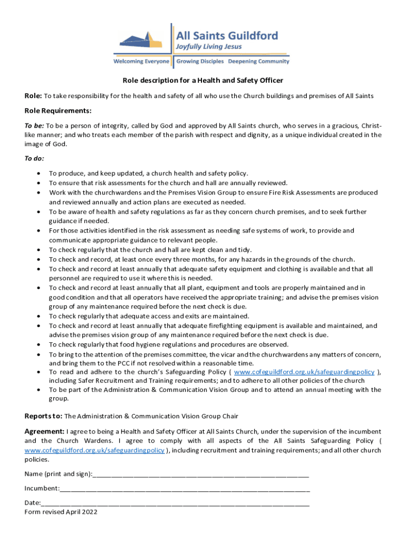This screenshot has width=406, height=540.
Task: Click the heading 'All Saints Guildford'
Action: tap(227, 36)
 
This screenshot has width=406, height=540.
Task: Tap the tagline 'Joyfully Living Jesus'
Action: tap(209, 47)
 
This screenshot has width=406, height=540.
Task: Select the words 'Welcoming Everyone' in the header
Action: tap(142, 62)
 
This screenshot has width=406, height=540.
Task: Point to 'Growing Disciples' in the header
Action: tap(200, 62)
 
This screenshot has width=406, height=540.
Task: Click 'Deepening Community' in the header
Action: tap(258, 62)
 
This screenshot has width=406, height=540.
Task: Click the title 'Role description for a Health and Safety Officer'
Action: tap(203, 81)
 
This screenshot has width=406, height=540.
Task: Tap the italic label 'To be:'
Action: tap(34, 126)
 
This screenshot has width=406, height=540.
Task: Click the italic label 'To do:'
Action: tap(34, 158)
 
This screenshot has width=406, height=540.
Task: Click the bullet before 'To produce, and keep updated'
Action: tap(39, 173)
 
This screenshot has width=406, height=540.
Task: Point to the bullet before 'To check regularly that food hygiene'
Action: tap(39, 345)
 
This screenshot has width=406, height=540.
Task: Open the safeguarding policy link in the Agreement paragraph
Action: tap(94, 450)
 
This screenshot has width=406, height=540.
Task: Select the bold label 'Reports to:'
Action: tap(44, 415)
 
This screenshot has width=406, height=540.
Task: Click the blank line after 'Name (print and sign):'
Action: tap(200, 475)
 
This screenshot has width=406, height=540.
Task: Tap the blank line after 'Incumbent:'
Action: tap(185, 489)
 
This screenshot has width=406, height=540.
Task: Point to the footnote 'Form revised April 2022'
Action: tap(61, 512)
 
